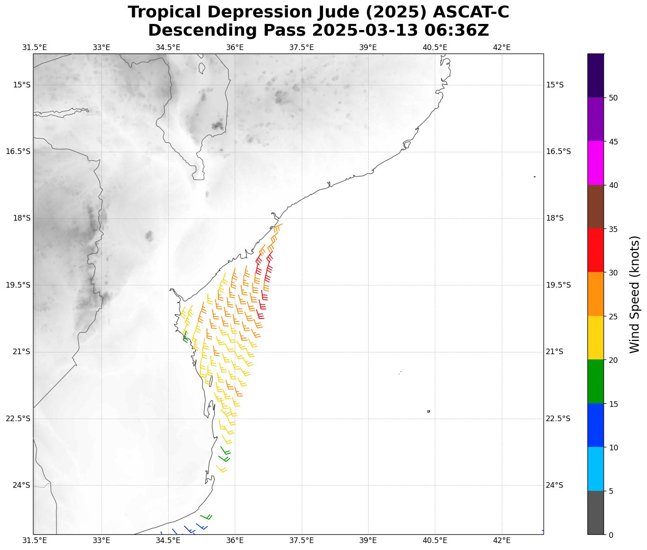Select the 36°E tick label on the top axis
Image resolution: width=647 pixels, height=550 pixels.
235,47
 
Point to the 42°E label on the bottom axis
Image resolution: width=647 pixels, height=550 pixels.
501,540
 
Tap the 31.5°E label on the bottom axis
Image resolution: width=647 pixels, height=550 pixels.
34,540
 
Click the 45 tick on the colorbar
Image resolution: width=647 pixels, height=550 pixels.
614,142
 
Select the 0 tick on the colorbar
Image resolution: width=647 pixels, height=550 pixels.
611,535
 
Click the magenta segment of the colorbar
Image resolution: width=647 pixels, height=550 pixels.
595,163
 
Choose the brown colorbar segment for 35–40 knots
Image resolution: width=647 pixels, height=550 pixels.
595,207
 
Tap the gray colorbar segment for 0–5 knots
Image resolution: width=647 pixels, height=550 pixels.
595,513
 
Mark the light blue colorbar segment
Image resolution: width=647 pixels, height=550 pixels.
595,469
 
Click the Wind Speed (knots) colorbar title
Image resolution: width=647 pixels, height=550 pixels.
635,294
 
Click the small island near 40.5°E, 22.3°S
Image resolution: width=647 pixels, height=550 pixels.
428,411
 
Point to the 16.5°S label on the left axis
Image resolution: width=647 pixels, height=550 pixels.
18,151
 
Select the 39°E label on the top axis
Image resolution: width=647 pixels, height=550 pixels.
368,47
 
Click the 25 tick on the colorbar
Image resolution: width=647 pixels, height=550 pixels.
614,316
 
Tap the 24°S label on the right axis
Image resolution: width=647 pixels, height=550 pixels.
554,485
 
